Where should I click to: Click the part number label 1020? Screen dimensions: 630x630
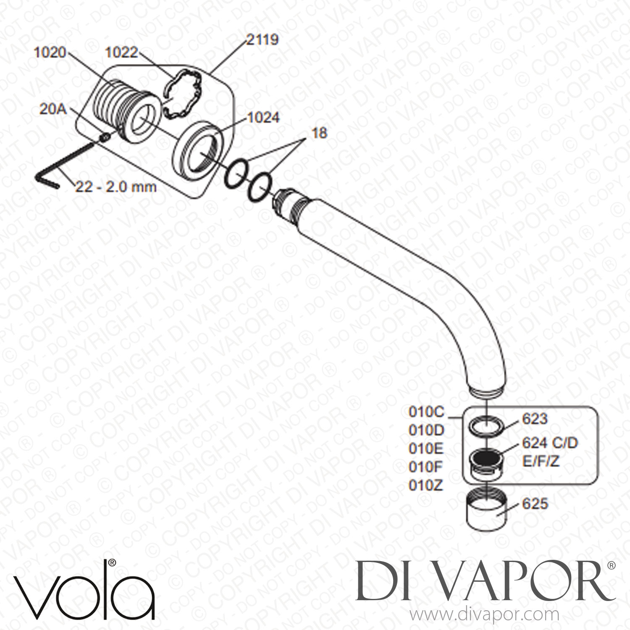[x=51, y=52]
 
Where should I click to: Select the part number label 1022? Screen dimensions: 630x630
[x=122, y=52]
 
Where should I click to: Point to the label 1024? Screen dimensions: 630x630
[x=263, y=117]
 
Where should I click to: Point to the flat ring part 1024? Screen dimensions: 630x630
[x=198, y=149]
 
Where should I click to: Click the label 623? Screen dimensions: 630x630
[x=534, y=419]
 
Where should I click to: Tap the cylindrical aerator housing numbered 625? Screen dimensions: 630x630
[x=486, y=509]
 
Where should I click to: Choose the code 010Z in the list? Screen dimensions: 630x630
[x=426, y=485]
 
